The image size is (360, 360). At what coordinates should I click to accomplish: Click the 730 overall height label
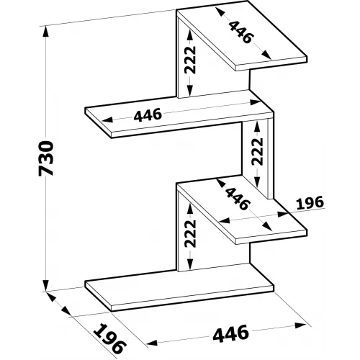[45, 158]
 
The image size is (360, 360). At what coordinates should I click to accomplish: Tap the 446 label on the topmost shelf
[241, 32]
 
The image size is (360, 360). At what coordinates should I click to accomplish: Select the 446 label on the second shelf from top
[148, 115]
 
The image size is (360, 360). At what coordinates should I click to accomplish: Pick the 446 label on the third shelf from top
[238, 199]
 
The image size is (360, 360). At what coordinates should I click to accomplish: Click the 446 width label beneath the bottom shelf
[230, 333]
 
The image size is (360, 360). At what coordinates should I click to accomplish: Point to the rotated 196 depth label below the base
[109, 338]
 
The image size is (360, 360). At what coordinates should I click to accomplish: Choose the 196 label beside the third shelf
[310, 203]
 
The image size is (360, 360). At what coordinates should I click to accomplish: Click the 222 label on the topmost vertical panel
[190, 60]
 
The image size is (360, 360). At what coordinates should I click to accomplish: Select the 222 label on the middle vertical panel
[257, 151]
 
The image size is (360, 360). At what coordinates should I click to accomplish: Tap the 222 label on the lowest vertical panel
[190, 233]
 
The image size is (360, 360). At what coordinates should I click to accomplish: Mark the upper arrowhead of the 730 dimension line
[45, 31]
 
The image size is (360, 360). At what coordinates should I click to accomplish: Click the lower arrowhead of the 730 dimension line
[45, 285]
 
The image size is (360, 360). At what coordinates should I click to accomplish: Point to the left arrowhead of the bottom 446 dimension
[152, 343]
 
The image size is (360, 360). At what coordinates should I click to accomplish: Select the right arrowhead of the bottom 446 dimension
[300, 326]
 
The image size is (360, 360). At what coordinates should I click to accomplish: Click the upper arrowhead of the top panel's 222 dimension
[190, 35]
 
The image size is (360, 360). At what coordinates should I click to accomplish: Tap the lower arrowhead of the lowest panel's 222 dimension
[190, 264]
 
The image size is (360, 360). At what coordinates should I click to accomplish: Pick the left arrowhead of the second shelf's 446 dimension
[107, 120]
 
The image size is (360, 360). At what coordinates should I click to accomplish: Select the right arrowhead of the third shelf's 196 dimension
[283, 214]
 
